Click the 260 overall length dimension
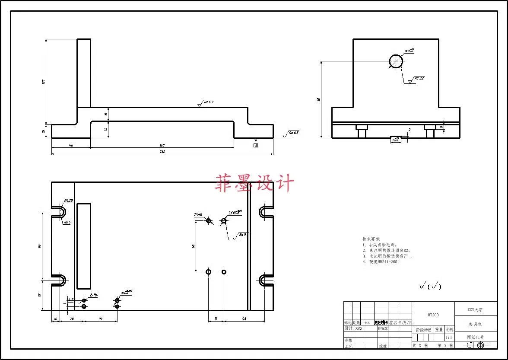[162, 152]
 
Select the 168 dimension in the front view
[162, 145]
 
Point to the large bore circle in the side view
[396, 62]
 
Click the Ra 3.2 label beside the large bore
[419, 79]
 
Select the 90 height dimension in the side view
[319, 99]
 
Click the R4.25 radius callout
[68, 201]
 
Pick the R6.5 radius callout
[67, 222]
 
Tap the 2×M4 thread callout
[94, 295]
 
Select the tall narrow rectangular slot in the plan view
[84, 246]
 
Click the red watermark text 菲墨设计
[254, 183]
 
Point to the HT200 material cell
[433, 315]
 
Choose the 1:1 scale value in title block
[449, 337]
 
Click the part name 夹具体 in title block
[475, 324]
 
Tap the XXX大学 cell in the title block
[475, 310]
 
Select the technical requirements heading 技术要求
[371, 239]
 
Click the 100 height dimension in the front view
[43, 81]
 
